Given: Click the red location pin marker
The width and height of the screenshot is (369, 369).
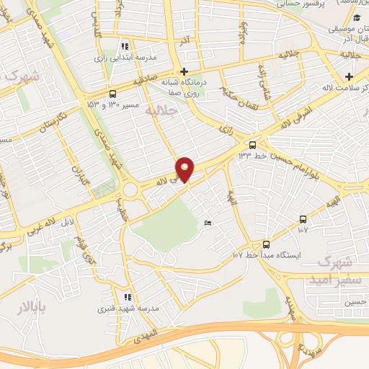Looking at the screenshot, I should [185, 169].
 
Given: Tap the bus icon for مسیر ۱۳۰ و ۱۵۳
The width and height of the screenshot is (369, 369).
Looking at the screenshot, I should [112, 94].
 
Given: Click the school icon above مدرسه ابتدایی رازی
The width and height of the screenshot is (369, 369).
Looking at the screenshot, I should [125, 45].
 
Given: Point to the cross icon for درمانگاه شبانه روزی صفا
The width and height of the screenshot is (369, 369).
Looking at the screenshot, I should [184, 71].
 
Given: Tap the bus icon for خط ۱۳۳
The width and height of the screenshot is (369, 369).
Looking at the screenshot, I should [252, 143].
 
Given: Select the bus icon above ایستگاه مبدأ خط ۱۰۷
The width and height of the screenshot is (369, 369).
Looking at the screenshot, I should [266, 244].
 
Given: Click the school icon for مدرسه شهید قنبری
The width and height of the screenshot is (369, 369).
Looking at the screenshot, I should [128, 297].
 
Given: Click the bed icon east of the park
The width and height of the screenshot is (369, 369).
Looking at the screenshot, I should [208, 223].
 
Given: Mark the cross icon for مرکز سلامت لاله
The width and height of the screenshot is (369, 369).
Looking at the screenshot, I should [350, 77].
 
